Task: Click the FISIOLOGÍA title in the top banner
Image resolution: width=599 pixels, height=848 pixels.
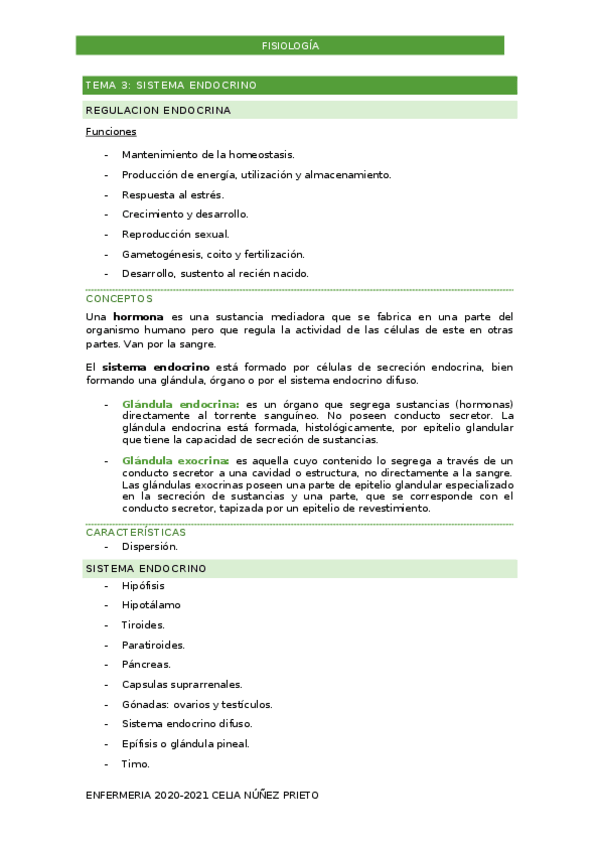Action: pyautogui.click(x=290, y=46)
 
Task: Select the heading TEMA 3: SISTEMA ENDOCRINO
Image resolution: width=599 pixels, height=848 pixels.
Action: pyautogui.click(x=171, y=85)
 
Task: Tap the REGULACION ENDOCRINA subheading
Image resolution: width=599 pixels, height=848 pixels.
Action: pyautogui.click(x=158, y=110)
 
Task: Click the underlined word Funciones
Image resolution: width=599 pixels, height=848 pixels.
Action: pyautogui.click(x=111, y=131)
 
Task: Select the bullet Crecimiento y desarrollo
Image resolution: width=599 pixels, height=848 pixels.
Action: pyautogui.click(x=185, y=214)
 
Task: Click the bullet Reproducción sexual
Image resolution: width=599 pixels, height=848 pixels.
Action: pyautogui.click(x=175, y=234)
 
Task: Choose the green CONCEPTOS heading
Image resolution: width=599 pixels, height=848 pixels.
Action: pyautogui.click(x=119, y=298)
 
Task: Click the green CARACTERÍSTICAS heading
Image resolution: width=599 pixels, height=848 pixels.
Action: pyautogui.click(x=136, y=532)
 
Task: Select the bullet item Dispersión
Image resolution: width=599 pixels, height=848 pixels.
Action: pyautogui.click(x=150, y=546)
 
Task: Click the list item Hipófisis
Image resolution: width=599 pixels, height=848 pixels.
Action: pyautogui.click(x=143, y=585)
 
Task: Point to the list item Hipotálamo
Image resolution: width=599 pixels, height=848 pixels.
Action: pyautogui.click(x=151, y=605)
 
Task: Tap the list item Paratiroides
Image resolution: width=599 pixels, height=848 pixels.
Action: pyautogui.click(x=153, y=645)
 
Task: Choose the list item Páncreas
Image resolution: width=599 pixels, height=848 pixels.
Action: pyautogui.click(x=146, y=664)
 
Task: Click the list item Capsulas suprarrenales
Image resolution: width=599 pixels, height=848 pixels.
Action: pyautogui.click(x=182, y=684)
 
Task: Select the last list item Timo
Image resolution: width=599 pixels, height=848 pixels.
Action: pyautogui.click(x=135, y=764)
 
